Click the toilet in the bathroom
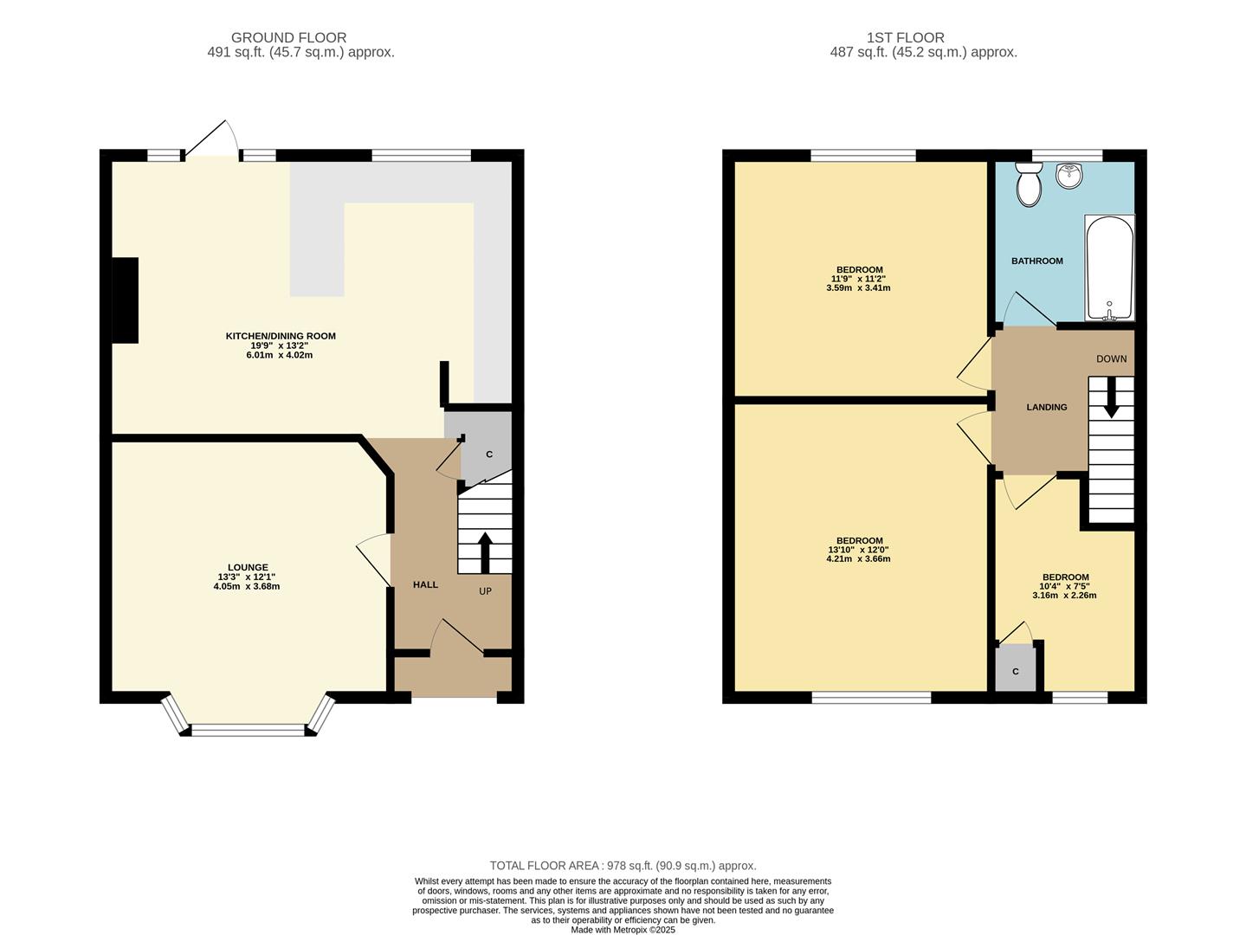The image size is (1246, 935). (x=1029, y=185)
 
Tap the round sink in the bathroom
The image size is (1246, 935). (x=1069, y=177)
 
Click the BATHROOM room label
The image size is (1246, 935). (x=1036, y=261)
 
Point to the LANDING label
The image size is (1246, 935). (x=1046, y=407)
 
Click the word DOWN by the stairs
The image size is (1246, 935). (x=1111, y=358)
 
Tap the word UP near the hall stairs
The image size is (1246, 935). (x=485, y=591)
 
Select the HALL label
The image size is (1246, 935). (x=425, y=584)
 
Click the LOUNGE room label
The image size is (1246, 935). (x=248, y=568)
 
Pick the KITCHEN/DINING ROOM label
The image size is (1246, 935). (x=281, y=336)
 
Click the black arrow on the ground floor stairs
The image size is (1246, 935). (x=484, y=551)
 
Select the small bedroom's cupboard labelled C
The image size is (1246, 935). (x=1016, y=671)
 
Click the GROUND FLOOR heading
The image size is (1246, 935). (x=288, y=37)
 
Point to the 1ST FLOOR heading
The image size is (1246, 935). (x=905, y=37)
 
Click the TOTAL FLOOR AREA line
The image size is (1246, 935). (x=623, y=865)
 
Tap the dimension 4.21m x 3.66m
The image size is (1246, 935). (x=858, y=558)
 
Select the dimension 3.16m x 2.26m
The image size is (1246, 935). (x=1065, y=595)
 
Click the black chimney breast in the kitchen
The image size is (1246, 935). (x=126, y=300)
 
